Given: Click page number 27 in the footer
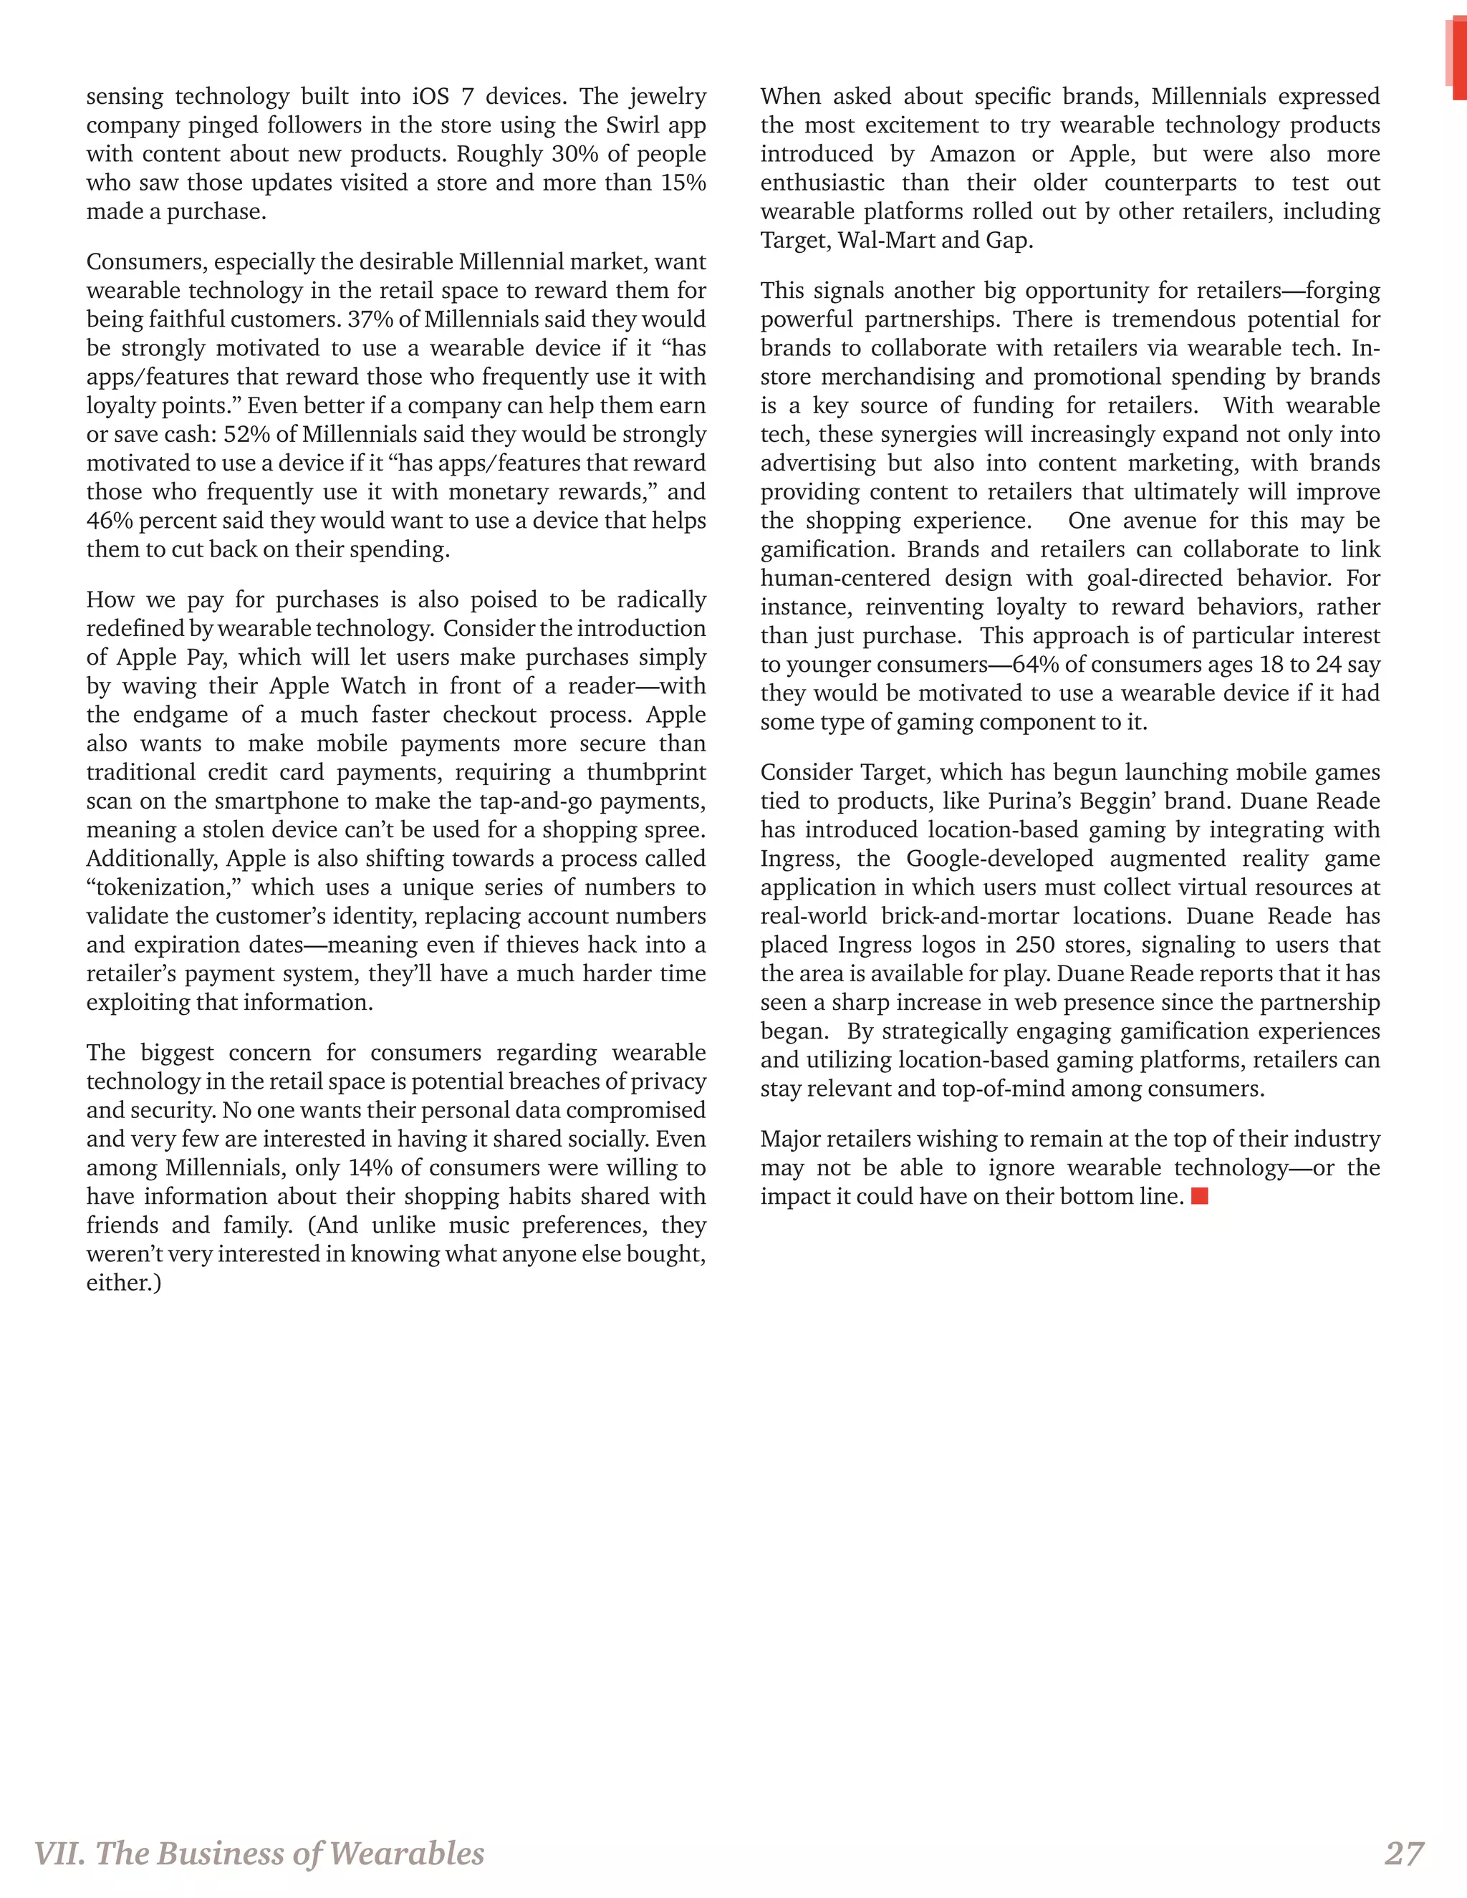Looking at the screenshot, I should pyautogui.click(x=1403, y=1853).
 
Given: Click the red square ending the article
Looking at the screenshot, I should pyautogui.click(x=1199, y=1197).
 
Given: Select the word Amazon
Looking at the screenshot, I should pyautogui.click(x=973, y=154).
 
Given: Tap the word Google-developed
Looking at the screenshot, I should pyautogui.click(x=999, y=859).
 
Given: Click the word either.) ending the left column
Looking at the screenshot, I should pyautogui.click(x=123, y=1283).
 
